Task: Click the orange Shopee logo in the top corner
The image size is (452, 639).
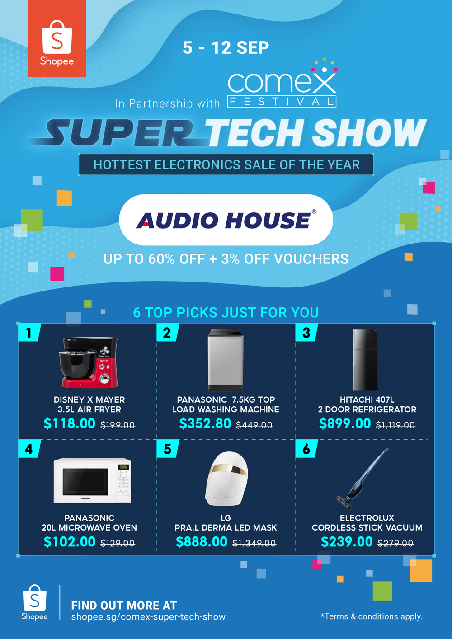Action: click(x=57, y=39)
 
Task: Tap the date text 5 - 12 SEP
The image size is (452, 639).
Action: click(x=226, y=47)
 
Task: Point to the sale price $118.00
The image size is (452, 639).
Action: click(x=69, y=423)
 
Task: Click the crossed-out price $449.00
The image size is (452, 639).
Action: click(x=254, y=425)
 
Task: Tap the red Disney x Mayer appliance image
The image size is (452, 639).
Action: click(x=89, y=363)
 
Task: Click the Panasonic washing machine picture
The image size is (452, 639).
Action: click(x=226, y=360)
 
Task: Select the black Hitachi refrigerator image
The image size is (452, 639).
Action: click(x=365, y=360)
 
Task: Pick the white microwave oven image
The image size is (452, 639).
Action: click(x=92, y=480)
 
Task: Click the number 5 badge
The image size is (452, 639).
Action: click(x=168, y=449)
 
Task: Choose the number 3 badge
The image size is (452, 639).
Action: click(x=306, y=333)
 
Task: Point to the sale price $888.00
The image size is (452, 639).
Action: click(x=202, y=541)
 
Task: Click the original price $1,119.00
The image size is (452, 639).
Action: click(x=395, y=425)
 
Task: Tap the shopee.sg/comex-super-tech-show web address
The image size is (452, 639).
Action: click(x=148, y=617)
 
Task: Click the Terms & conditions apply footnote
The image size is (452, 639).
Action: click(x=372, y=616)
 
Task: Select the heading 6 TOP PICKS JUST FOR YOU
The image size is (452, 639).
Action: click(x=226, y=312)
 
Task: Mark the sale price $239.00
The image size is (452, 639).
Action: click(x=347, y=541)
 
